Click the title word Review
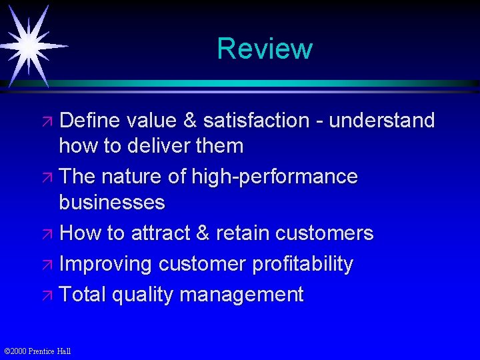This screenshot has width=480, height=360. [x=264, y=49]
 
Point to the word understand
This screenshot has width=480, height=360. [x=382, y=121]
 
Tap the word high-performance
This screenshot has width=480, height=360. [x=274, y=177]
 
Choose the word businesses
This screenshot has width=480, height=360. [x=111, y=202]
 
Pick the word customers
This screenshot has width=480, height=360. [x=324, y=233]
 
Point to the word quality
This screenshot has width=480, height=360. [x=141, y=295]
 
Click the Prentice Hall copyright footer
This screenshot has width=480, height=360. [x=37, y=351]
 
